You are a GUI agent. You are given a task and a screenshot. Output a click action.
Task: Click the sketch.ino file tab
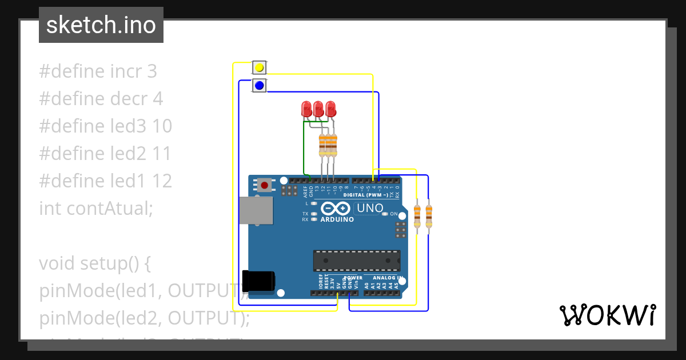pos(101,25)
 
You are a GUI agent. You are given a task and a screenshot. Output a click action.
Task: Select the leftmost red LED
pos(306,109)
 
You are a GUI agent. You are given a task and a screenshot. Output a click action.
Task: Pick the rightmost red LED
pos(330,109)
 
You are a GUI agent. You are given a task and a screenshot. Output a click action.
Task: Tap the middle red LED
pos(318,109)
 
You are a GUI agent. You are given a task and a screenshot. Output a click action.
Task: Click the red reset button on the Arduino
pos(264,185)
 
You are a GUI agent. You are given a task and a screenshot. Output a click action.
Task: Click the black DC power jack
pos(258,281)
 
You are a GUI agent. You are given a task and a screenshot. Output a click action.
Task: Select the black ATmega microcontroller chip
pos(356,260)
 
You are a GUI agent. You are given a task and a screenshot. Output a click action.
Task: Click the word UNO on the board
pos(369,209)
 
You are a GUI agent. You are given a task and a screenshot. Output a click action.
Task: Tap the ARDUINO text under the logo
pos(337,219)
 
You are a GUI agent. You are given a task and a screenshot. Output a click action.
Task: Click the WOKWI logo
pos(607,315)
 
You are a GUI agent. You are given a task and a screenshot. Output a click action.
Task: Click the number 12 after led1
pos(162,181)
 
